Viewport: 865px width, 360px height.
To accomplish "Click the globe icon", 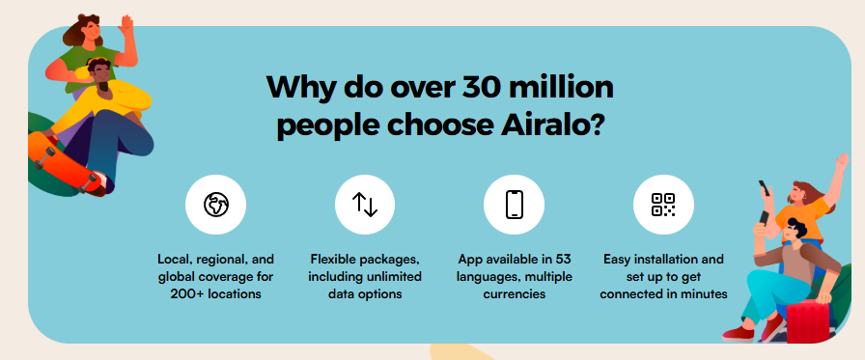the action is point(215,205).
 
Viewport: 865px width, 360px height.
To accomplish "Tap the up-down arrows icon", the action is point(365,205).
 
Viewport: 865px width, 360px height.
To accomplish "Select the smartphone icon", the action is point(514,205).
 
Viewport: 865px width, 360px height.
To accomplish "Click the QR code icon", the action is point(663,205).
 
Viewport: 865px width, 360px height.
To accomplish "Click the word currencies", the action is point(515,293).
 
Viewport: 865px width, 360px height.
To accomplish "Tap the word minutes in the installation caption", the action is point(705,293).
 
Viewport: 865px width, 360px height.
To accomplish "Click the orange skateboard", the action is point(65,162).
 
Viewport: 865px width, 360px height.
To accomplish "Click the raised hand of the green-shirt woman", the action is point(126,25).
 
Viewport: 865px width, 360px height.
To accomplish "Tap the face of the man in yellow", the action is point(102,77).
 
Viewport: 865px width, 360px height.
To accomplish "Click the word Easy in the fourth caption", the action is point(616,259).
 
